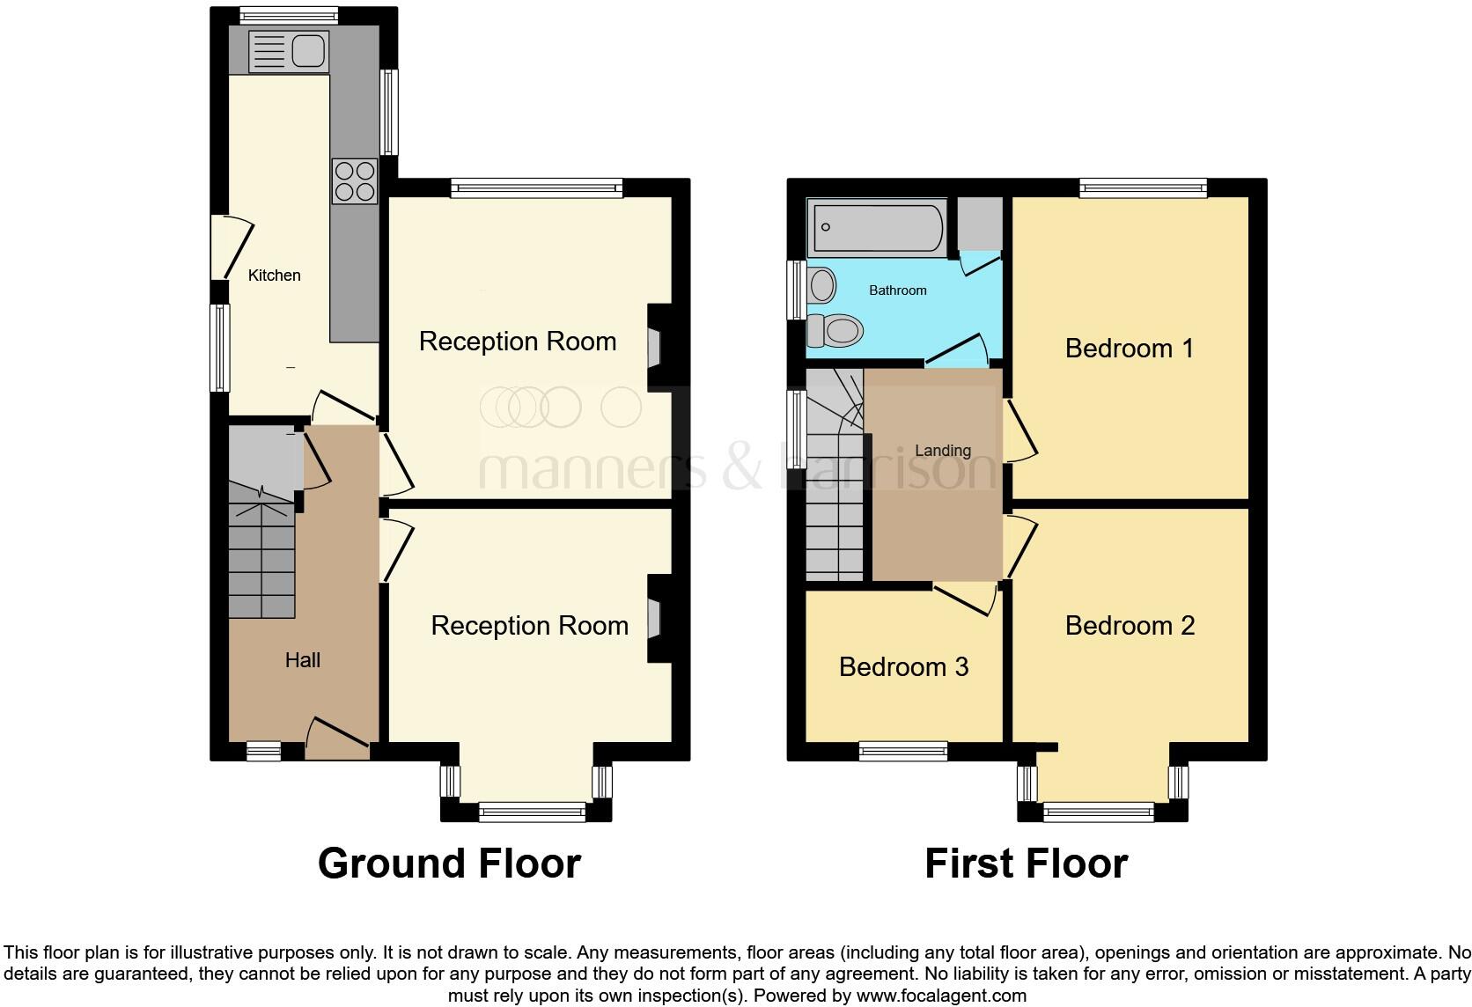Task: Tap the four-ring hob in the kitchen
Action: coord(354,180)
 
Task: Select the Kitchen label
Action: coord(274,276)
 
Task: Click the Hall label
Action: coord(302,660)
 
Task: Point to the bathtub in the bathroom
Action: coord(878,227)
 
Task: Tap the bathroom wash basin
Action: coord(822,285)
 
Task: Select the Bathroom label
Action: coord(897,290)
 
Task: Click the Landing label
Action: coord(942,451)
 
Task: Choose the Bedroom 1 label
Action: coord(1129,349)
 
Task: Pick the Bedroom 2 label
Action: coord(1130,626)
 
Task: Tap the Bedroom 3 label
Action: coord(903,667)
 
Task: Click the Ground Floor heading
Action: coord(449,864)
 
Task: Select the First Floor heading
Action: coord(1026,864)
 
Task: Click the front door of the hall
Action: coord(337,739)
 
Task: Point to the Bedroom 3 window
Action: coord(903,751)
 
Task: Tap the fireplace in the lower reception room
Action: coord(653,618)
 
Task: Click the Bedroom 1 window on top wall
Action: coord(1143,187)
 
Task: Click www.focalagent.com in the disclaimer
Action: coord(941,996)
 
